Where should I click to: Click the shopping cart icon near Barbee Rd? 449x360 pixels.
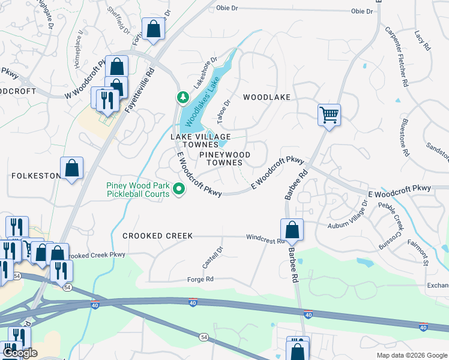click(329, 114)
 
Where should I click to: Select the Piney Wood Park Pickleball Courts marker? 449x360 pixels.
click(178, 190)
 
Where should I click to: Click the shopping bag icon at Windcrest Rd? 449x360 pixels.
click(292, 230)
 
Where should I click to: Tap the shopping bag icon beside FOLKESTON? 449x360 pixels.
click(71, 169)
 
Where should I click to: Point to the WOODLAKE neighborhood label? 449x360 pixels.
click(267, 97)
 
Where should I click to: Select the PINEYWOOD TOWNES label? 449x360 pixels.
click(224, 159)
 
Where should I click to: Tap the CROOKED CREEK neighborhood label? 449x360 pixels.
click(158, 236)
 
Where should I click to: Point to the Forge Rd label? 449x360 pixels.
click(200, 279)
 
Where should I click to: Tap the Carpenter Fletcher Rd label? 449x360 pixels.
click(397, 57)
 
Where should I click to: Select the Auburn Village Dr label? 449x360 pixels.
click(348, 217)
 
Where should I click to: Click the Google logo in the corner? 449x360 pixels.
click(19, 353)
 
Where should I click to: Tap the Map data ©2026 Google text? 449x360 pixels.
click(411, 355)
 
